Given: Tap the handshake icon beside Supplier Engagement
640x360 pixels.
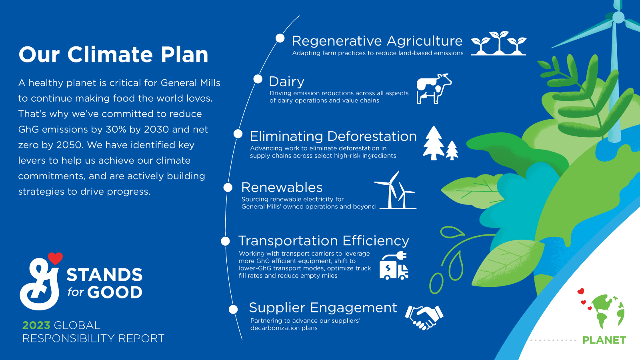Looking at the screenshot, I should (424, 317).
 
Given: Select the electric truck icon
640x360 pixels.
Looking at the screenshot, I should (394, 266).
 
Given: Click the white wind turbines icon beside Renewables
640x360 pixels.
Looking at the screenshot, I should (395, 191).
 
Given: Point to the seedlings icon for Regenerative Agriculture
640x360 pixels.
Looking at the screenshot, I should (498, 43).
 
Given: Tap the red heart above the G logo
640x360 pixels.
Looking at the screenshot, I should (55, 258).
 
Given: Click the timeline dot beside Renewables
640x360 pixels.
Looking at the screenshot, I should (228, 187).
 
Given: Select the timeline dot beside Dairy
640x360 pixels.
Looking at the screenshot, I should (258, 79).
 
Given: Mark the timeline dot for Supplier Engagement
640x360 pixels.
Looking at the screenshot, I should (233, 309).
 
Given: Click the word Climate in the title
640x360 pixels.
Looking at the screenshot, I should (110, 55).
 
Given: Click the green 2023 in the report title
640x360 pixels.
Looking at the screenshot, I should (36, 325).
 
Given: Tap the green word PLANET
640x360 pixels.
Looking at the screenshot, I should (604, 340).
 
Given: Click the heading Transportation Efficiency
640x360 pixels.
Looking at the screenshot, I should (323, 241).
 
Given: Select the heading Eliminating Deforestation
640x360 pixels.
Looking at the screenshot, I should (333, 136).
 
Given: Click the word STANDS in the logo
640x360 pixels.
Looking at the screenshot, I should (104, 275).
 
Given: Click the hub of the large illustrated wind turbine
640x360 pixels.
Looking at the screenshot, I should (618, 17).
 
